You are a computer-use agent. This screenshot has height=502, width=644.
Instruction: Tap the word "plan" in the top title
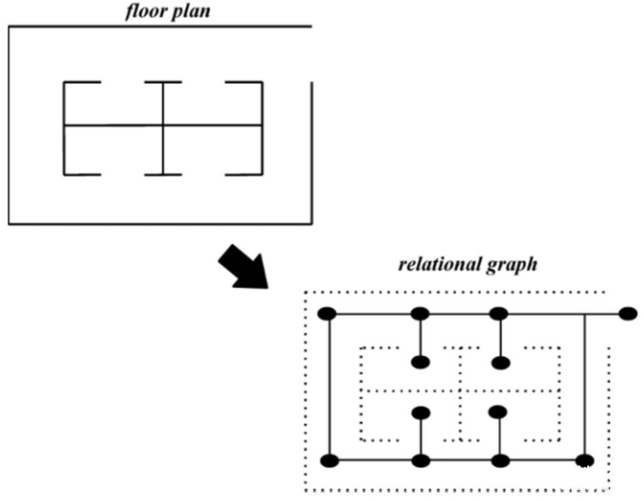(x=190, y=12)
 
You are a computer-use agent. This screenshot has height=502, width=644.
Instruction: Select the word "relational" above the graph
(x=440, y=264)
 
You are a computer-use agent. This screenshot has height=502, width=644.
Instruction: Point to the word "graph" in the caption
(x=512, y=266)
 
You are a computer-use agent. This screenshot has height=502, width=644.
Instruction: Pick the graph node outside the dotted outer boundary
(x=627, y=314)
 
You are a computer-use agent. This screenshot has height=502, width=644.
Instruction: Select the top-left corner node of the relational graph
(x=327, y=314)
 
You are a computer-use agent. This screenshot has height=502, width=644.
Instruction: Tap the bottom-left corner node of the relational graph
(x=329, y=461)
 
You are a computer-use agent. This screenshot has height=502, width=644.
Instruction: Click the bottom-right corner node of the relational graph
(x=585, y=461)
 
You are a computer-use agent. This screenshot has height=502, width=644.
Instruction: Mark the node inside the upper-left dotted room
(x=420, y=362)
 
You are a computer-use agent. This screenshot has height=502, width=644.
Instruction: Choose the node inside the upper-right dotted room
(x=500, y=363)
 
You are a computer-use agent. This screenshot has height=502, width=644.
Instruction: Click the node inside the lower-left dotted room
(x=421, y=413)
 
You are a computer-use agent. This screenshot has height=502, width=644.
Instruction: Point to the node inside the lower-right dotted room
(x=498, y=412)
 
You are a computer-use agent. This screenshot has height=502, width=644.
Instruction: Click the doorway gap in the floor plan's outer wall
(x=312, y=54)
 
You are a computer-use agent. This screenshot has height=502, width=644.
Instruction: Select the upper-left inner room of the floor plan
(x=114, y=103)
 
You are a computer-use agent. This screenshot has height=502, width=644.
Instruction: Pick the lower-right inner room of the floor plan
(x=212, y=150)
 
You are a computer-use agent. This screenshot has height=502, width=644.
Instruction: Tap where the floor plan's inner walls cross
(x=163, y=125)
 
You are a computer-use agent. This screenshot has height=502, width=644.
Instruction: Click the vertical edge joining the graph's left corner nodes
(x=329, y=387)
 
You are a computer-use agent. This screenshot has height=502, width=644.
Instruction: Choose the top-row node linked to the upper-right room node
(x=499, y=314)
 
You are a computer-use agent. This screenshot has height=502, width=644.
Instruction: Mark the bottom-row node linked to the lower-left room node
(x=421, y=461)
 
